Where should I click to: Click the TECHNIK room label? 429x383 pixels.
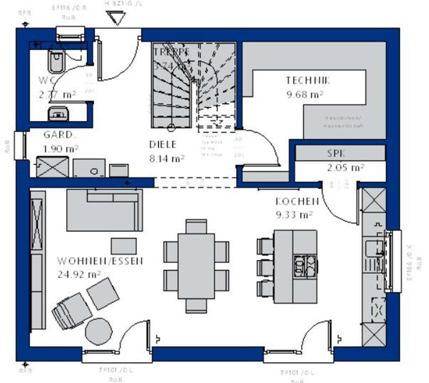pyautogui.click(x=308, y=80)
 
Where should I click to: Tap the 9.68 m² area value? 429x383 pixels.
pyautogui.click(x=305, y=95)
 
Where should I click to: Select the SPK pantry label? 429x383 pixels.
pyautogui.click(x=336, y=154)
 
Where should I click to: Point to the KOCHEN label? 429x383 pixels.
pyautogui.click(x=297, y=202)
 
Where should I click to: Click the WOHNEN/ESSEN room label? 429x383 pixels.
pyautogui.click(x=100, y=261)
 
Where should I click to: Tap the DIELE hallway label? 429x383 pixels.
pyautogui.click(x=163, y=145)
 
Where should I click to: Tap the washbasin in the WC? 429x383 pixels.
pyautogui.click(x=58, y=113)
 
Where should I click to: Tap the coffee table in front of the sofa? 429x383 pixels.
pyautogui.click(x=124, y=246)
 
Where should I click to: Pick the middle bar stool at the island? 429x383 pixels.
pyautogui.click(x=265, y=267)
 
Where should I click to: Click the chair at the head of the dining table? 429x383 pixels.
pyautogui.click(x=196, y=225)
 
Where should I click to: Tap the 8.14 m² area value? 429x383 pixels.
pyautogui.click(x=167, y=159)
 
